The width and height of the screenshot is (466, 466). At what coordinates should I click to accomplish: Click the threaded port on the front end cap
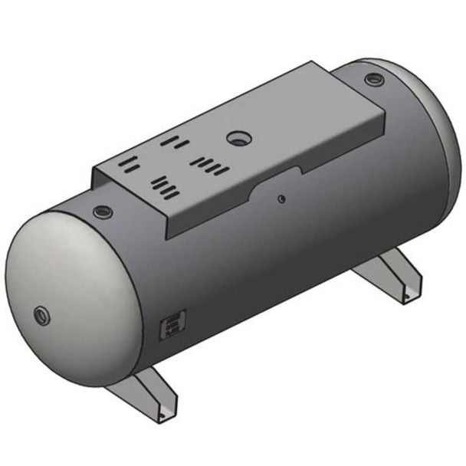(x=40, y=313)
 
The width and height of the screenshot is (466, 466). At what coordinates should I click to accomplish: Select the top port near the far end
(x=372, y=78)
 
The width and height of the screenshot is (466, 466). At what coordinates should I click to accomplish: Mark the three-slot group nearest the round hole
(x=175, y=143)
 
